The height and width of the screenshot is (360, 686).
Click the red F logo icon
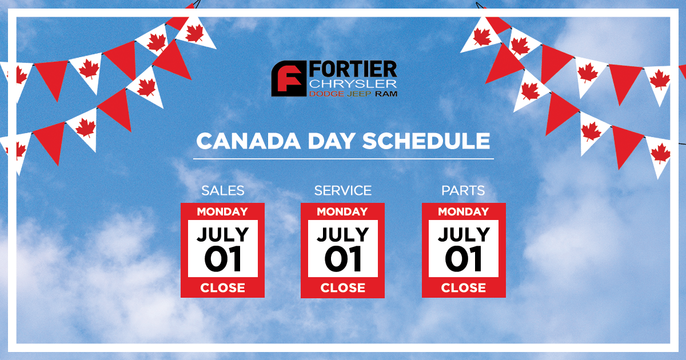tap(289, 79)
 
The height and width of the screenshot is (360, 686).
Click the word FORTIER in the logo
tap(353, 70)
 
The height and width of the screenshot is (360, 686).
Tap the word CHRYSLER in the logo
tap(353, 83)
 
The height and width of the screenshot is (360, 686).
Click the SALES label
tap(222, 190)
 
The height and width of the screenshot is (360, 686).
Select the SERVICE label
tap(342, 190)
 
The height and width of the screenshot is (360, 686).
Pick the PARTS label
tap(463, 190)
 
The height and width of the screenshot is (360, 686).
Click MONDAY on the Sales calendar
tap(222, 211)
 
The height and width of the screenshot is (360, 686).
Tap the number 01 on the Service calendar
tap(342, 259)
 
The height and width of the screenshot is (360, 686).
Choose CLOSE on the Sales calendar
tap(222, 288)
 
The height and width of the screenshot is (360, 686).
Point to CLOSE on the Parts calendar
tap(464, 288)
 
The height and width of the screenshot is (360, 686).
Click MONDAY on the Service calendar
tap(342, 211)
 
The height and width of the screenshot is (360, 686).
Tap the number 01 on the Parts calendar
tap(464, 259)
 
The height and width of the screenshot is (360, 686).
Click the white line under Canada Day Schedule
tap(343, 158)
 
